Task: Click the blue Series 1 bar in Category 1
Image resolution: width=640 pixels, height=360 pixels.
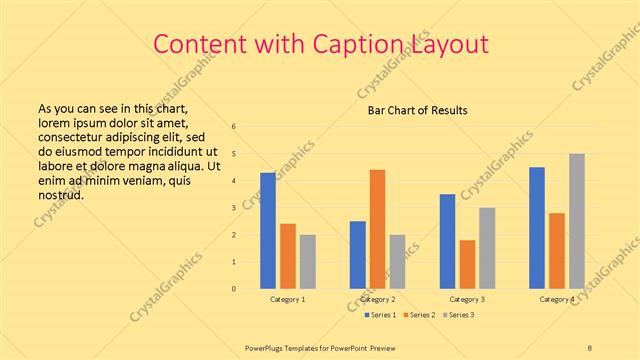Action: pyautogui.click(x=268, y=231)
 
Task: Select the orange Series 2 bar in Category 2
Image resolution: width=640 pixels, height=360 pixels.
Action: pyautogui.click(x=377, y=229)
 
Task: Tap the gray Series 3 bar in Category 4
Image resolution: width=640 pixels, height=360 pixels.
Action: pyautogui.click(x=577, y=221)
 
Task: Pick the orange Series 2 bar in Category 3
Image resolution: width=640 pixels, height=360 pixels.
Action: pyautogui.click(x=467, y=264)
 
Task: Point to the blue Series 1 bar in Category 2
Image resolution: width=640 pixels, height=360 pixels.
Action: pyautogui.click(x=357, y=255)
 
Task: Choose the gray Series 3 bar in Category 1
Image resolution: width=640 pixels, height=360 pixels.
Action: pyautogui.click(x=307, y=262)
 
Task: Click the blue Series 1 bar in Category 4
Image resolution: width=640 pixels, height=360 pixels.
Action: pyautogui.click(x=537, y=228)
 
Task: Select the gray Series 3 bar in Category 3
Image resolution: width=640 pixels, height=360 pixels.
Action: pyautogui.click(x=487, y=248)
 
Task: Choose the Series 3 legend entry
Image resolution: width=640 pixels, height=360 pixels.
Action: pyautogui.click(x=459, y=315)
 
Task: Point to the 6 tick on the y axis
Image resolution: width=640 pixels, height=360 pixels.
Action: pyautogui.click(x=233, y=127)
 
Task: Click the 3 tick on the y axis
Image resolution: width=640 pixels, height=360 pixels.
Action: pyautogui.click(x=233, y=208)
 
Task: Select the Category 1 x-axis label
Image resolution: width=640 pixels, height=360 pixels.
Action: pyautogui.click(x=288, y=299)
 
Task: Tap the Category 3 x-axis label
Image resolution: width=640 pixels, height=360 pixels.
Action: pyautogui.click(x=467, y=299)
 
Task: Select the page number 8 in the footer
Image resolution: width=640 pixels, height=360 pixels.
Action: pyautogui.click(x=590, y=347)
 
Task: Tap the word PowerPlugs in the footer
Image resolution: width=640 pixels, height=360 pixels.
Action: pyautogui.click(x=267, y=347)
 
